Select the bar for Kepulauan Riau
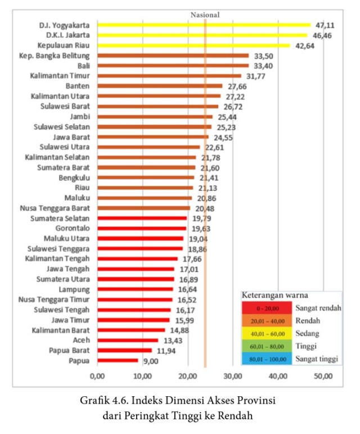(193, 45)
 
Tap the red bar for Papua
(118, 360)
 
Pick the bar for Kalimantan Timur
(169, 75)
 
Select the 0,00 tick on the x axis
(97, 376)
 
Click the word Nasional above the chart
(205, 15)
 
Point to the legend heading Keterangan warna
(271, 295)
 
